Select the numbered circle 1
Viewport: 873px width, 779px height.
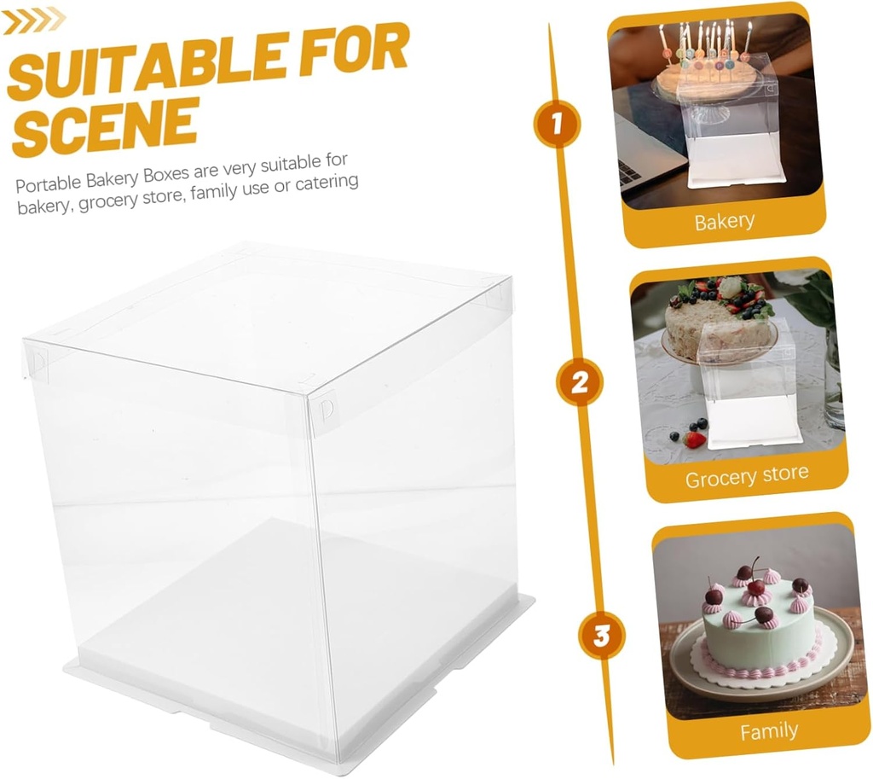coord(557,125)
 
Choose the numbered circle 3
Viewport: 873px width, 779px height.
coord(602,636)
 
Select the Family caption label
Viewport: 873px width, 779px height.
coord(768,731)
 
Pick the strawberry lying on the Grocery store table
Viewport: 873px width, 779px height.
coord(695,439)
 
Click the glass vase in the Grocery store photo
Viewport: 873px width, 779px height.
coord(833,384)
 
